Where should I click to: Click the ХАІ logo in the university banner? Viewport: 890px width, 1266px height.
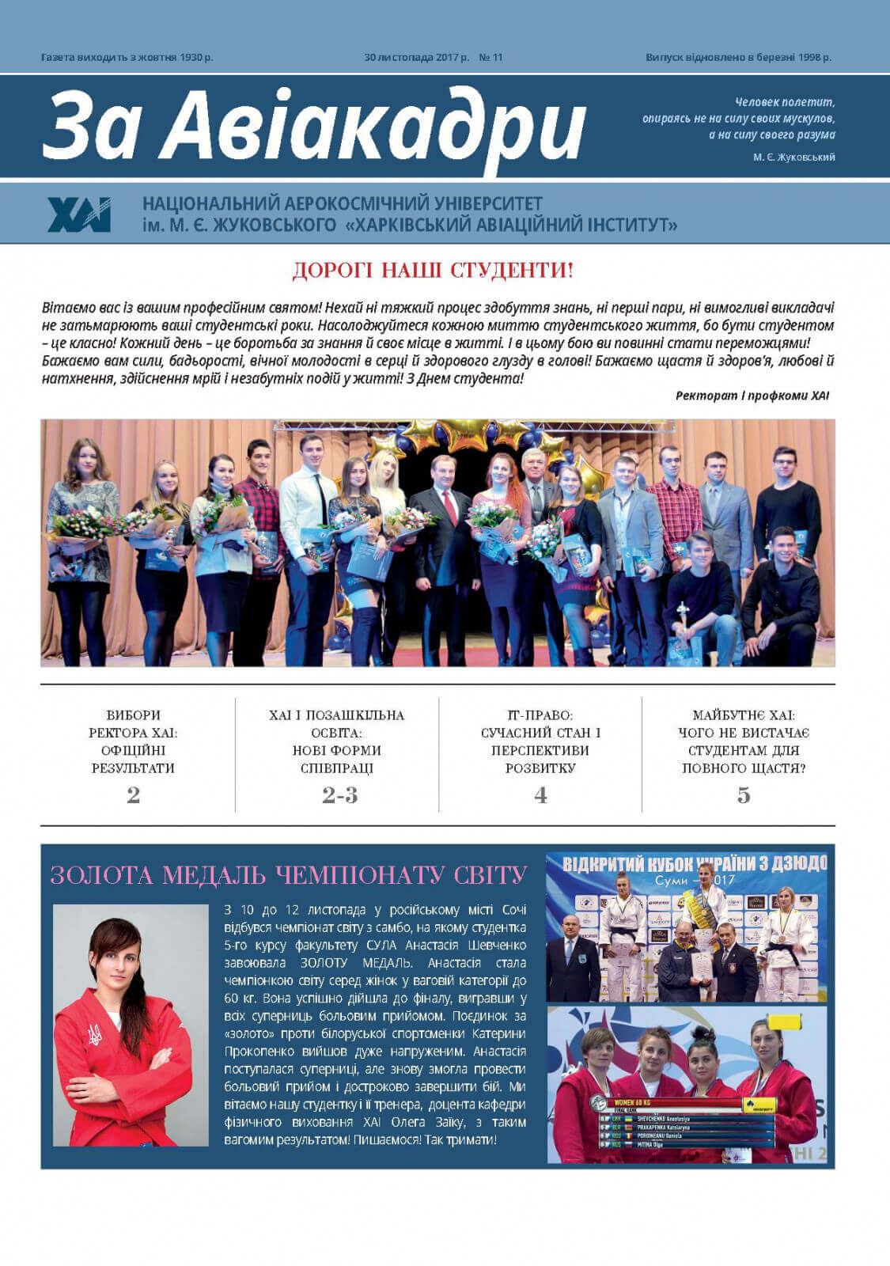click(79, 214)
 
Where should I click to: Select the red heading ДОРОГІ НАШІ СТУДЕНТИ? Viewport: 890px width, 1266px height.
click(433, 271)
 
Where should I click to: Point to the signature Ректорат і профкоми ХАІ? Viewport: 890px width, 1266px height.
click(752, 396)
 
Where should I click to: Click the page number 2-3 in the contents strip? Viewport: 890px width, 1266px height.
click(339, 795)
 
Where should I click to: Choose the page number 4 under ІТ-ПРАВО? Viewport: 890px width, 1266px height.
click(540, 795)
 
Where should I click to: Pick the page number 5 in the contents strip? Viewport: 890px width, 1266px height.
click(744, 795)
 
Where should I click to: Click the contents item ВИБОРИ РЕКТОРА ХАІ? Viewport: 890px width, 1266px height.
click(133, 741)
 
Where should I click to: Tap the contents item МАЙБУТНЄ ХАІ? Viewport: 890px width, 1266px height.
click(744, 741)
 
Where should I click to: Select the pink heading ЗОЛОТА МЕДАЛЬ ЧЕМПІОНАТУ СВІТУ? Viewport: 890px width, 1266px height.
click(289, 875)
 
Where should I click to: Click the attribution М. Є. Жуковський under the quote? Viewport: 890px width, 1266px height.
click(793, 157)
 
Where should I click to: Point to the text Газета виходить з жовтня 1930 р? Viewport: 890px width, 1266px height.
click(127, 57)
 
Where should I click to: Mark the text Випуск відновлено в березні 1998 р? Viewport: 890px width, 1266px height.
click(738, 57)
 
